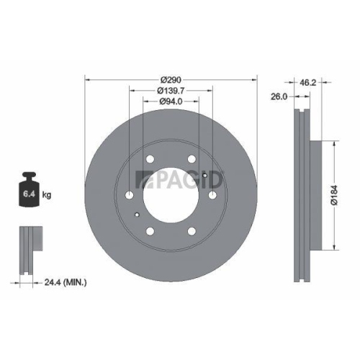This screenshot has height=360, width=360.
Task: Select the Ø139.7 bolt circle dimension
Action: tap(171, 90)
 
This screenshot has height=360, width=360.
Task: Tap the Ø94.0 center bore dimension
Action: tap(171, 102)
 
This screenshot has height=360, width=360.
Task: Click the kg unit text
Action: tap(48, 195)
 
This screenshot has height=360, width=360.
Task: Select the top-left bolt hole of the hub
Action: tap(150, 161)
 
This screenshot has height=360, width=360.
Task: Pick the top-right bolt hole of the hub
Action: tap(192, 161)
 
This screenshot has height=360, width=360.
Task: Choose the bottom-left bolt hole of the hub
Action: tap(150, 231)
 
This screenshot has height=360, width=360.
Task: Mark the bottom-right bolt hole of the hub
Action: tap(192, 231)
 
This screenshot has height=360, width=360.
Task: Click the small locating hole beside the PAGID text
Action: tap(205, 175)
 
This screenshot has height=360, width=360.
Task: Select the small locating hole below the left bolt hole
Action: tap(136, 215)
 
